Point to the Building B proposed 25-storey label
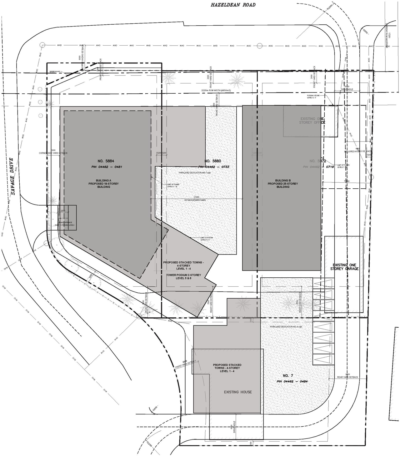coord(283,184)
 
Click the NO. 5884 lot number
coord(106,161)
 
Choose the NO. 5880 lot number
coord(213,161)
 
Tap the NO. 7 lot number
coord(288,376)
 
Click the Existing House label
coord(237,392)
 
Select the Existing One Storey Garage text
coord(344,267)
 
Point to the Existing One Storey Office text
coord(312,121)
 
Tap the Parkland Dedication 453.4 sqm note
coord(286,327)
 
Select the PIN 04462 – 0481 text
coord(105,167)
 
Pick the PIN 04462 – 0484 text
coord(292,381)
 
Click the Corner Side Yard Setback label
coord(53,153)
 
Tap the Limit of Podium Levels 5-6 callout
coord(207,239)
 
